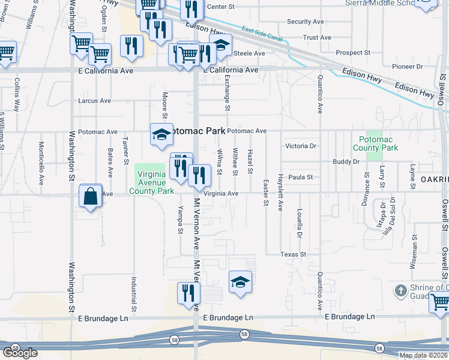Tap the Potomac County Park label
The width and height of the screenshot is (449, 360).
tap(375, 143)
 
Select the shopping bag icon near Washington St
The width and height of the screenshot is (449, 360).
tap(90, 196)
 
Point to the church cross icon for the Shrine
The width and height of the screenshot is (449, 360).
tap(401, 291)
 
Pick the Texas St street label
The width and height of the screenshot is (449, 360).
tap(294, 254)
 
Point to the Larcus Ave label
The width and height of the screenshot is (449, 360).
tap(95, 101)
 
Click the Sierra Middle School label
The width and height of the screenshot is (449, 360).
tap(381, 3)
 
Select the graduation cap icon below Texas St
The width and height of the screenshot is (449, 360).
tap(240, 281)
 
